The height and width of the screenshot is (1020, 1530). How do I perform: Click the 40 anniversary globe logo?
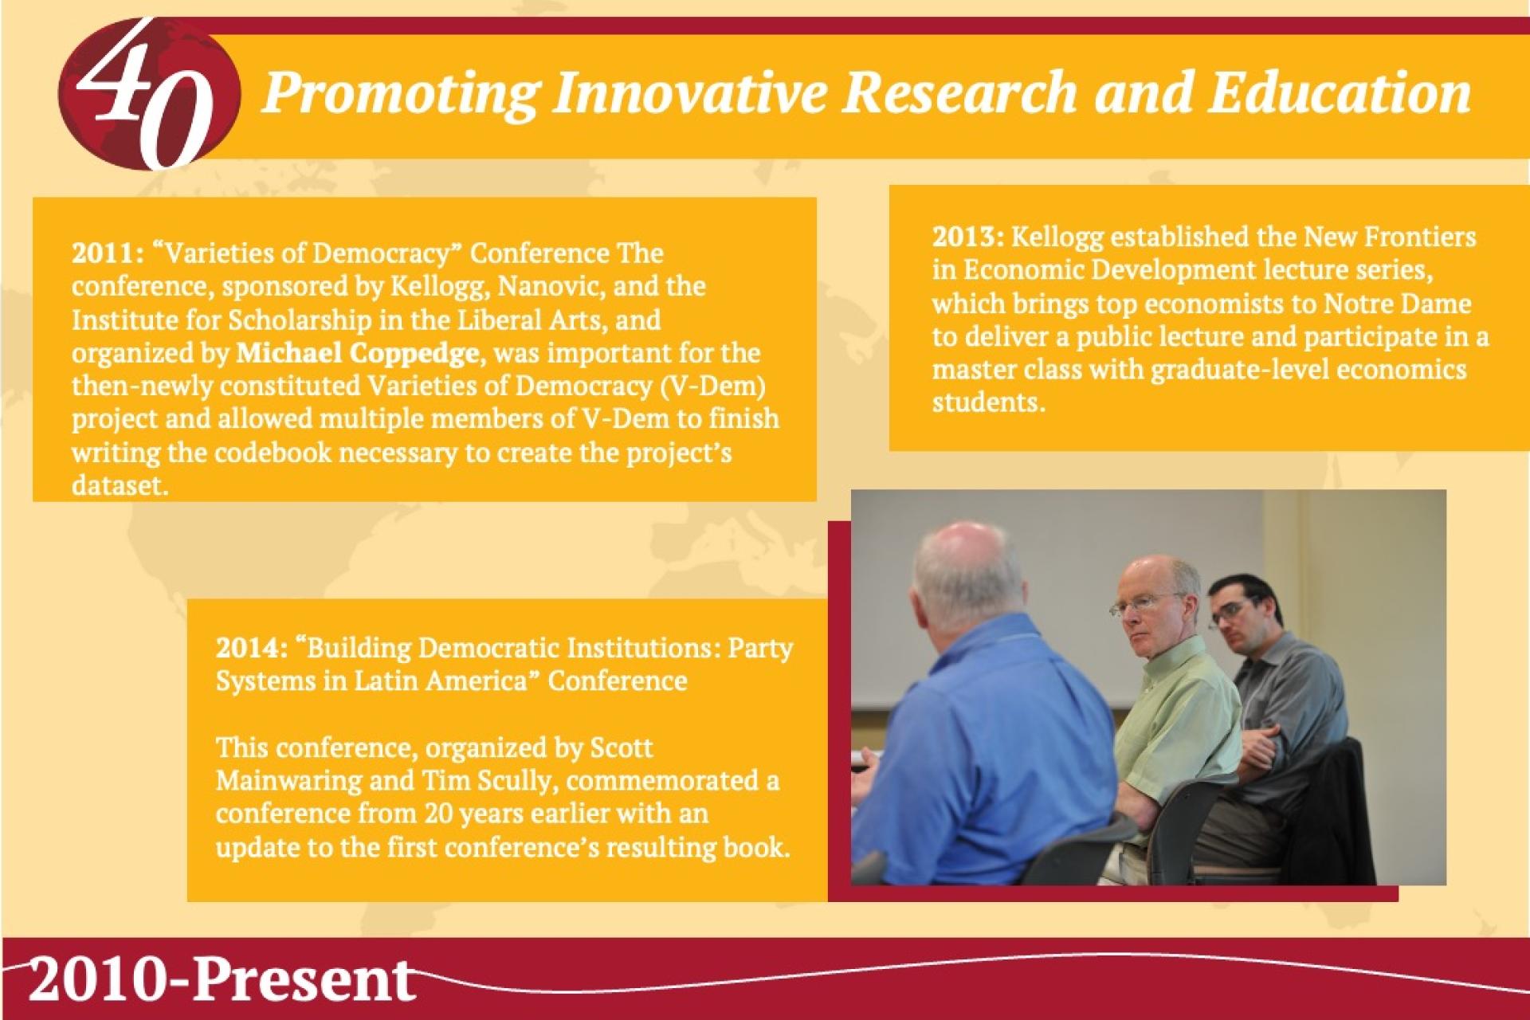[x=149, y=94]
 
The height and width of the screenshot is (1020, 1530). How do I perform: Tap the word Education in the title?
[x=1338, y=92]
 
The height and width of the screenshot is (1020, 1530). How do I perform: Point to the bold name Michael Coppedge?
[x=358, y=353]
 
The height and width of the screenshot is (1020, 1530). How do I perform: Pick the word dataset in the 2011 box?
[x=120, y=485]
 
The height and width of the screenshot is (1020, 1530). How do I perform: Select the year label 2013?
[x=969, y=237]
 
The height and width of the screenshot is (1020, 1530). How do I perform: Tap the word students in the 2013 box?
[x=987, y=402]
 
